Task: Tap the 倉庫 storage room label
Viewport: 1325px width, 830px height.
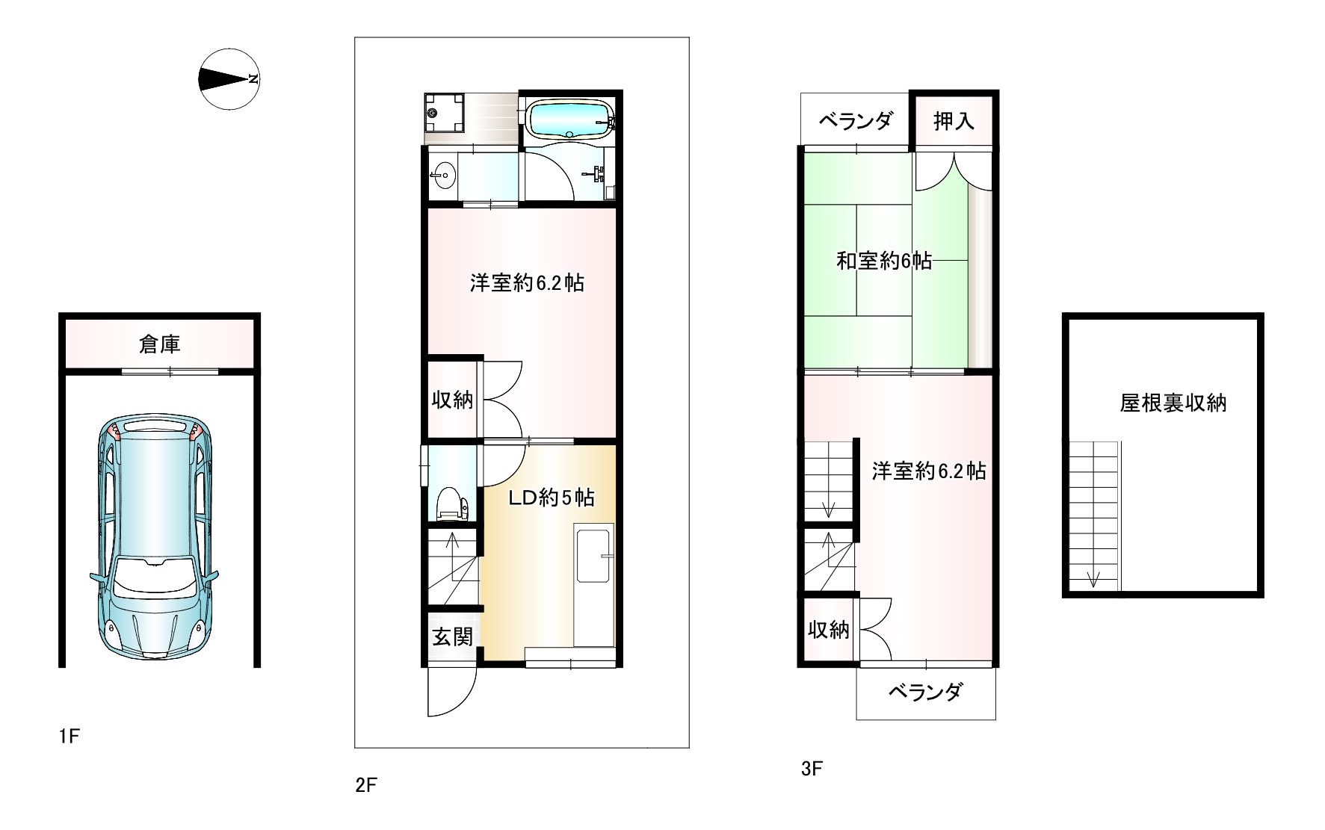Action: pyautogui.click(x=160, y=344)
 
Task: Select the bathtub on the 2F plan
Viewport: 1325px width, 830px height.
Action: pyautogui.click(x=570, y=119)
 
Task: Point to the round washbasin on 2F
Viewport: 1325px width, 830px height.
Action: pyautogui.click(x=443, y=176)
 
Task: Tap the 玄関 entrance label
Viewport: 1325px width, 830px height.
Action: pyautogui.click(x=453, y=637)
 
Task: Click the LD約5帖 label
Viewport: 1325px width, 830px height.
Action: pyautogui.click(x=552, y=498)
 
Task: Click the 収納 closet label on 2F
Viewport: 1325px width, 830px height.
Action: pyautogui.click(x=453, y=400)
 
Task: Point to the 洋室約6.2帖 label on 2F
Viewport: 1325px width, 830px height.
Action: pyautogui.click(x=527, y=283)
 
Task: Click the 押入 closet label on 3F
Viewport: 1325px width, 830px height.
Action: pyautogui.click(x=954, y=121)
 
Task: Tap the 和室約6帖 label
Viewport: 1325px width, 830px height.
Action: pyautogui.click(x=884, y=261)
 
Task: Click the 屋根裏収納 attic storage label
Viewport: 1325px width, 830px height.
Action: pyautogui.click(x=1173, y=403)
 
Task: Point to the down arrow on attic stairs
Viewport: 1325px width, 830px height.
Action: pyautogui.click(x=1093, y=579)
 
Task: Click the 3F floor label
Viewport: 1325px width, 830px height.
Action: pyautogui.click(x=812, y=769)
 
